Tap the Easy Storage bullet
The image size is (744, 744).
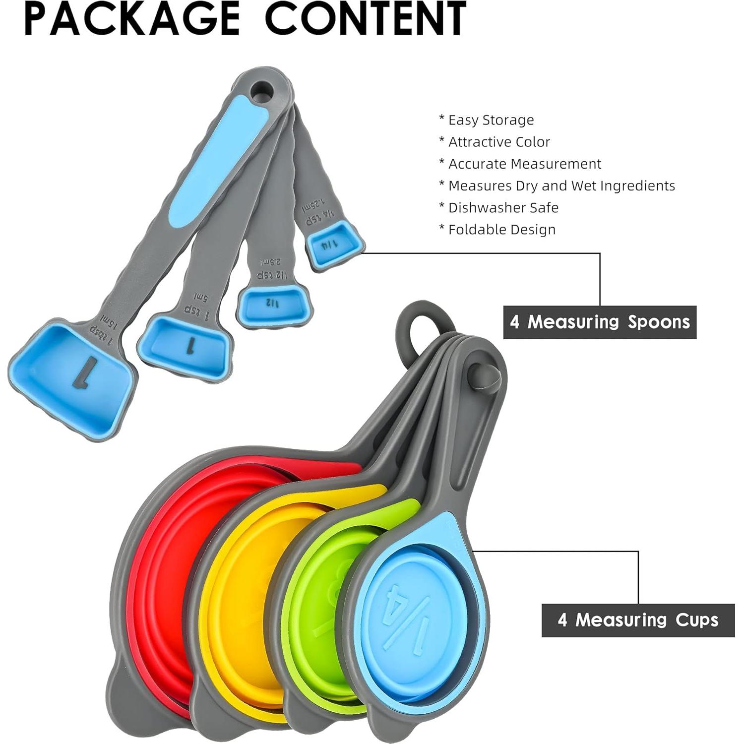pyautogui.click(x=487, y=120)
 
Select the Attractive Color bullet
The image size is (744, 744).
pyautogui.click(x=495, y=142)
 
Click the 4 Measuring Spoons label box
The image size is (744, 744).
pyautogui.click(x=600, y=322)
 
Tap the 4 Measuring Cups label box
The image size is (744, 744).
pyautogui.click(x=638, y=620)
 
